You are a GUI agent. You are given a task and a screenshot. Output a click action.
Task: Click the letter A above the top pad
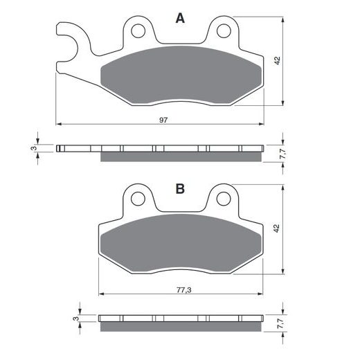pos(180,18)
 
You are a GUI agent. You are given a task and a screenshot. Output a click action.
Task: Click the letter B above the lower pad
pos(180,189)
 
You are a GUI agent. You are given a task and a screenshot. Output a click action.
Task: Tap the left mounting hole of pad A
pos(138,30)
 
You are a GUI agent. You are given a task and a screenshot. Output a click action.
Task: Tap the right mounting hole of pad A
pos(224,30)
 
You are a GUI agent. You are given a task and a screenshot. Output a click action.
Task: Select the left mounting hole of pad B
pos(138,199)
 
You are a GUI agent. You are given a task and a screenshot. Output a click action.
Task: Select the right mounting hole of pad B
pos(224,199)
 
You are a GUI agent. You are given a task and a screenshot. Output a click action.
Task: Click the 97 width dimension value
pos(163,120)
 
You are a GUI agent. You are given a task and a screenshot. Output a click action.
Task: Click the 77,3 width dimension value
pos(184,290)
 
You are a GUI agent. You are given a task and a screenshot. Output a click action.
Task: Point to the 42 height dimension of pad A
pos(277,60)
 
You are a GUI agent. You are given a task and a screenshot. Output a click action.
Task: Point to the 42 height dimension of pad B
pos(276,228)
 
